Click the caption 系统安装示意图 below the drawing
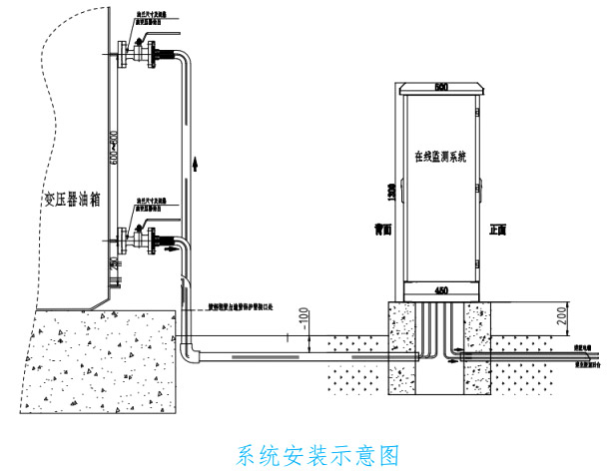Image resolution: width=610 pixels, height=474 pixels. (318, 455)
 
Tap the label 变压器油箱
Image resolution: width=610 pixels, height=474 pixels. (73, 198)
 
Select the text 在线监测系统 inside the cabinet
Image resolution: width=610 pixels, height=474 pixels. (440, 157)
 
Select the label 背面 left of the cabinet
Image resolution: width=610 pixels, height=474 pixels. (375, 229)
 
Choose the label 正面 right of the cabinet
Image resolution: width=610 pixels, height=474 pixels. (499, 229)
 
